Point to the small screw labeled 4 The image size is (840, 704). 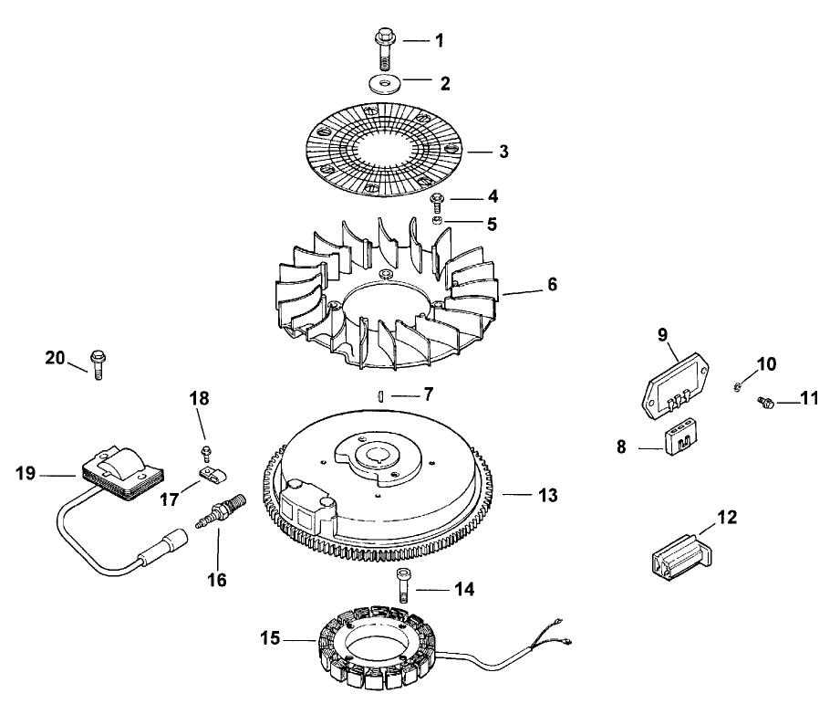[437, 201]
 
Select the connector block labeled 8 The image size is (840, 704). [676, 438]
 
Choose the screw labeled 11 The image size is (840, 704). [767, 401]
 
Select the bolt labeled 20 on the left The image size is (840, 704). [99, 365]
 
